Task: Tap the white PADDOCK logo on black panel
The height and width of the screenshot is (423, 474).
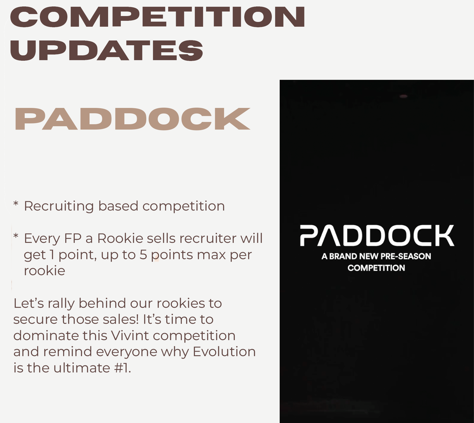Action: [377, 236]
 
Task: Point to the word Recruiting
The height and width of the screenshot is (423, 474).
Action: [59, 206]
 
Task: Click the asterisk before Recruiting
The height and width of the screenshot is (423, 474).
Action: [16, 203]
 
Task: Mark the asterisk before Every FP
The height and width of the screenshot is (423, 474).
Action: [16, 236]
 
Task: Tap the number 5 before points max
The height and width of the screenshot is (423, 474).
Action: [143, 255]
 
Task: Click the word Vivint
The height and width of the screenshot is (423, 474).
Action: [130, 336]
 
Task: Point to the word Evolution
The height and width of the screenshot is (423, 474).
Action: [224, 352]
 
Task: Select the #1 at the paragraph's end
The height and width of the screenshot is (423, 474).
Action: [123, 368]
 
